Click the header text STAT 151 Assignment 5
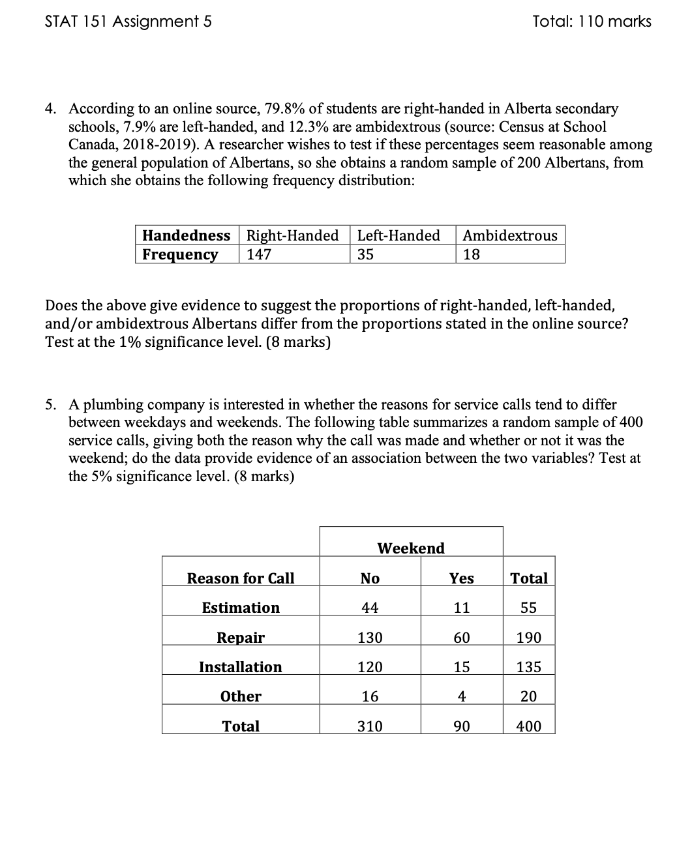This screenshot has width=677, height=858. (x=128, y=22)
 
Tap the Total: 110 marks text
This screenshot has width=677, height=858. (x=592, y=22)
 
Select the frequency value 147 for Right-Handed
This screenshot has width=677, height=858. (x=259, y=254)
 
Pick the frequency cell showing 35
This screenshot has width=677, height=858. (x=365, y=254)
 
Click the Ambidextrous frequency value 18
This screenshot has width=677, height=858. (x=471, y=254)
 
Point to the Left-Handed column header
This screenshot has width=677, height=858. (x=399, y=235)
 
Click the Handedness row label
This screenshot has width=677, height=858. (x=186, y=235)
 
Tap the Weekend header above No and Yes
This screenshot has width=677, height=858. (x=411, y=548)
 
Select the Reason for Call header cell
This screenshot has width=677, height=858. (x=241, y=578)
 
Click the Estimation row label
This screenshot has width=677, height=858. (x=241, y=608)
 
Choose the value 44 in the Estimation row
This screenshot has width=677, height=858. (x=370, y=608)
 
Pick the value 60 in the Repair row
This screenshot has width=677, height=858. (x=462, y=638)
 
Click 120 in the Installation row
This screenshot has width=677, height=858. (x=370, y=667)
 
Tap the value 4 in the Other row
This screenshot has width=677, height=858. (x=462, y=696)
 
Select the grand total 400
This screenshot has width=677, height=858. (x=528, y=726)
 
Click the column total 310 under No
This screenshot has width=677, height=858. (x=370, y=726)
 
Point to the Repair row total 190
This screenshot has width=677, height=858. (x=528, y=638)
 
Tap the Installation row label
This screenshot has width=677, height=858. (x=241, y=667)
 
